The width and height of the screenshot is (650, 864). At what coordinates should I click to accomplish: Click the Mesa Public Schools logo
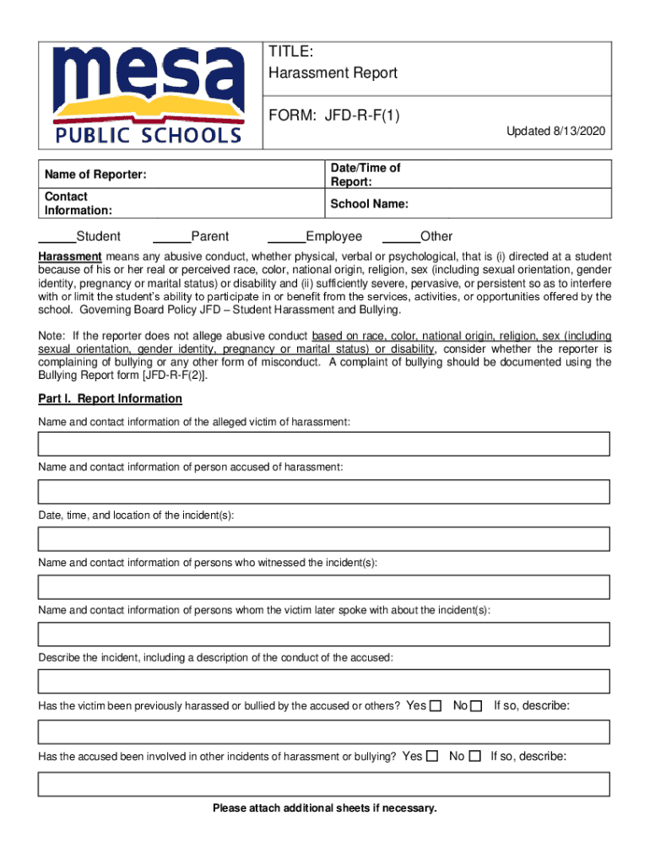coord(149,94)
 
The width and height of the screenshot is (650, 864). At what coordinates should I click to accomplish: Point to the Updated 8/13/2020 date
coord(555,132)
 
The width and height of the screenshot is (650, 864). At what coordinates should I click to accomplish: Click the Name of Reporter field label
coord(95,175)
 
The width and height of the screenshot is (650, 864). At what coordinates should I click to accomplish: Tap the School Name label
coord(370,204)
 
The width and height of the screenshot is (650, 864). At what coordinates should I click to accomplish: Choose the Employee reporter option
coord(333,237)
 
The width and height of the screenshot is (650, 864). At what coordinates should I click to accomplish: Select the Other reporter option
coord(436,237)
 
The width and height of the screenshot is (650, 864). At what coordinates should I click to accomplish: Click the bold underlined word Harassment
coord(70,256)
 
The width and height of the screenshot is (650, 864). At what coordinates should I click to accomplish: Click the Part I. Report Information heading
coord(110,398)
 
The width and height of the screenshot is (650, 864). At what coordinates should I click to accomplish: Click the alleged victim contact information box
coord(323,444)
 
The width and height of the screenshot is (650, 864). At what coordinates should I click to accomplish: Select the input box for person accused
coord(323,491)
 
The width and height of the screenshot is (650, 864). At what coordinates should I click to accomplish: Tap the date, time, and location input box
coord(323,538)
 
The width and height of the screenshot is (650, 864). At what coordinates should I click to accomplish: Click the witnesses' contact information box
coord(323,586)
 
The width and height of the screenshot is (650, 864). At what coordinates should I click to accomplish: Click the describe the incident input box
coord(323,681)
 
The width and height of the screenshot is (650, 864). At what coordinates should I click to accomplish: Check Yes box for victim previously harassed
coord(436,705)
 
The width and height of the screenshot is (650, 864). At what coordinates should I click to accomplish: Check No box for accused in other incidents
coord(474,756)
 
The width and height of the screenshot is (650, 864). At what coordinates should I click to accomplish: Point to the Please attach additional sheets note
coord(325,808)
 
